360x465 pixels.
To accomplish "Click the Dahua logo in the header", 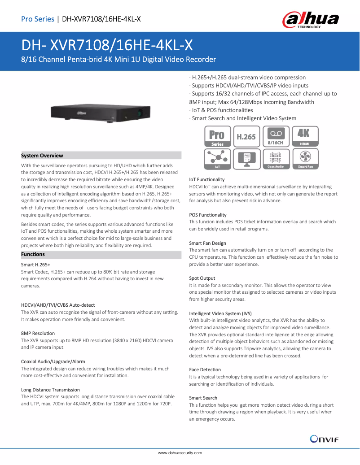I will [x=310, y=20].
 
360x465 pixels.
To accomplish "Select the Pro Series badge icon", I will [x=218, y=136].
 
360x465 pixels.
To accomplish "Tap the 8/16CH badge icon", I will [x=276, y=136].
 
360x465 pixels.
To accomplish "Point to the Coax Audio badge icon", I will [x=276, y=159].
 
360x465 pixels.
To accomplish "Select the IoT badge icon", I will [x=218, y=159].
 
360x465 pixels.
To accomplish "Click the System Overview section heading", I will [x=42, y=156].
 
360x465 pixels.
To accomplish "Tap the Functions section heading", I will [x=33, y=254].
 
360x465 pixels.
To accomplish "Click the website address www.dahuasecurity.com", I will [x=180, y=453].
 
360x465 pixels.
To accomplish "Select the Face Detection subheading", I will [x=205, y=370].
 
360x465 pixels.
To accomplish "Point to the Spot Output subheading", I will [x=202, y=278].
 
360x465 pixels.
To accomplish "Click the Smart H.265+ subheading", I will [x=35, y=265].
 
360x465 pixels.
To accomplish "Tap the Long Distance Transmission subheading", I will [x=50, y=390].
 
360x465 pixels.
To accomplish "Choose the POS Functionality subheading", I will [x=208, y=215].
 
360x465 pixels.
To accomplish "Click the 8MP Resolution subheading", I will [x=38, y=333].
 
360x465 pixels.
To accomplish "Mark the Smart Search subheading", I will [x=203, y=398].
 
